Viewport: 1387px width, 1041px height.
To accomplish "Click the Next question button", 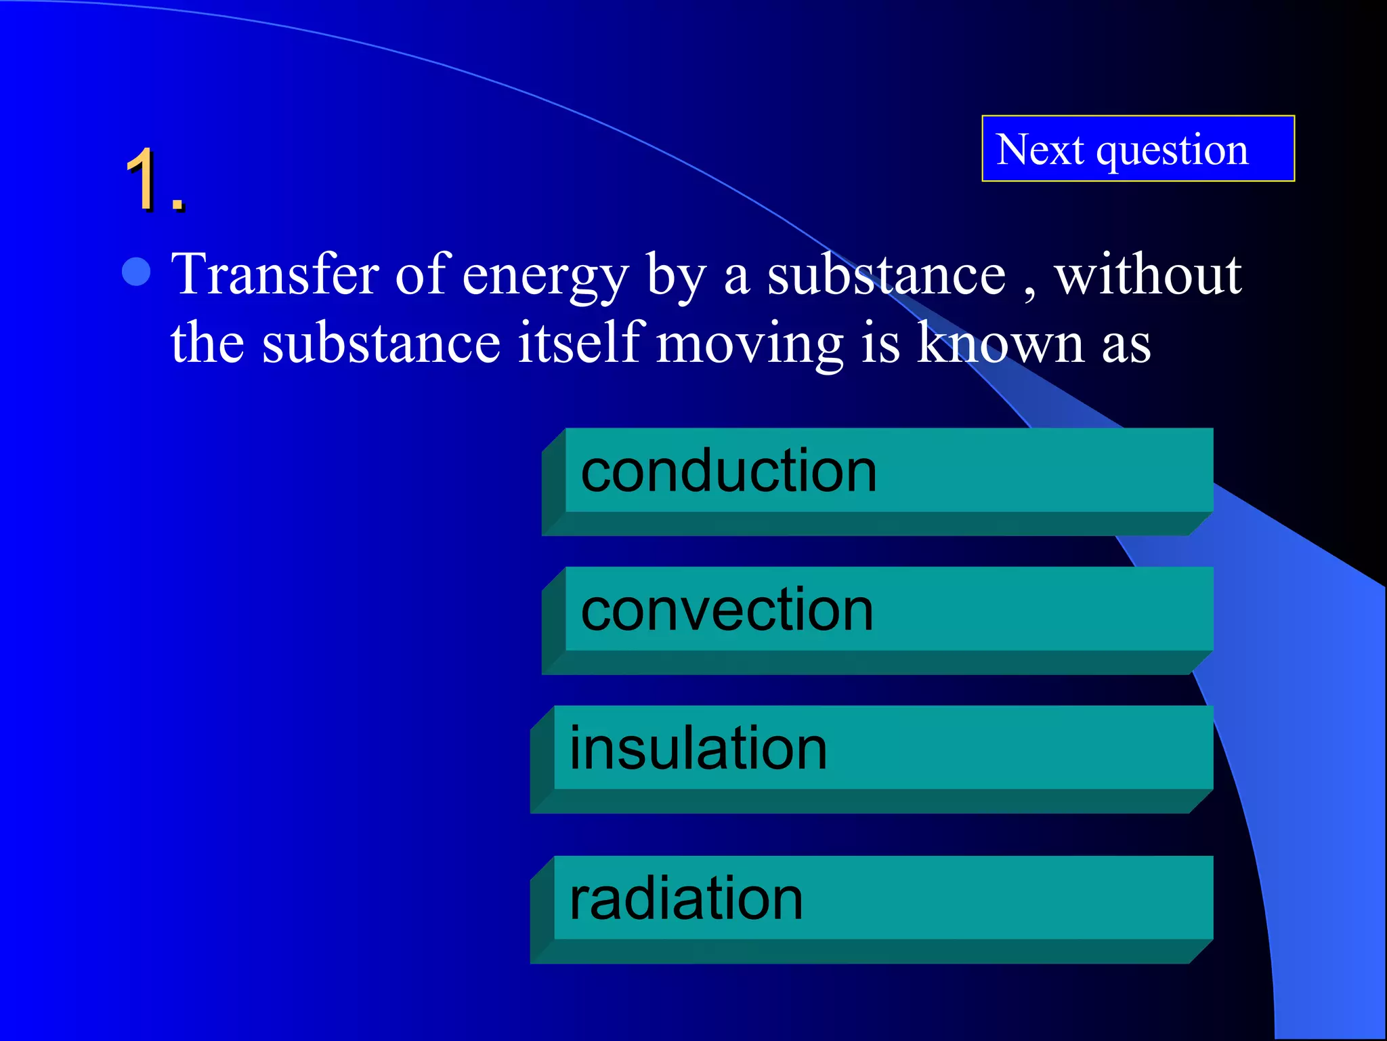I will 1138,148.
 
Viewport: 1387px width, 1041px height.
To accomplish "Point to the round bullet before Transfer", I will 136,272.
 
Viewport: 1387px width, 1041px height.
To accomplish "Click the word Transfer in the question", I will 275,274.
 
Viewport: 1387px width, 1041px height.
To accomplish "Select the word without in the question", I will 1148,274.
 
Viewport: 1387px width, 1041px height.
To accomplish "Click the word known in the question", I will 1001,342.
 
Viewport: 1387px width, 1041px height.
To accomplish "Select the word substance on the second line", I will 381,342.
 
